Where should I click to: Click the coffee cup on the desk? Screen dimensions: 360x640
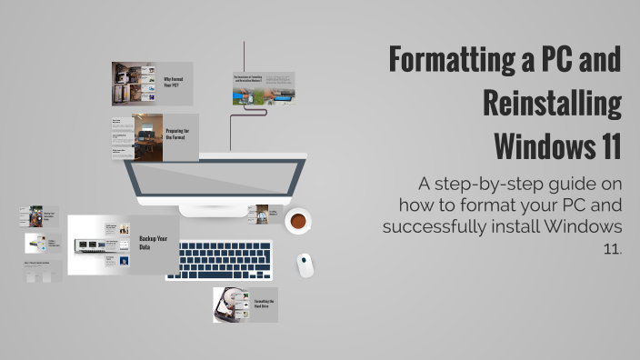pyautogui.click(x=297, y=221)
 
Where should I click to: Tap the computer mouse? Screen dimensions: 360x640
pyautogui.click(x=305, y=265)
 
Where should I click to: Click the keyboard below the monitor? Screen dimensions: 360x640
pyautogui.click(x=218, y=259)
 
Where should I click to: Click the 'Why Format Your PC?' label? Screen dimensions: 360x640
pyautogui.click(x=175, y=83)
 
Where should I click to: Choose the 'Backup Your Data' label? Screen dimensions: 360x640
pyautogui.click(x=148, y=245)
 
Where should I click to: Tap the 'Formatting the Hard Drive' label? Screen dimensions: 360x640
pyautogui.click(x=265, y=305)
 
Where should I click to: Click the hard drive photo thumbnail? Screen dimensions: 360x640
pyautogui.click(x=231, y=305)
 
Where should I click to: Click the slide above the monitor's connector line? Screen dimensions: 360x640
pyautogui.click(x=264, y=88)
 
